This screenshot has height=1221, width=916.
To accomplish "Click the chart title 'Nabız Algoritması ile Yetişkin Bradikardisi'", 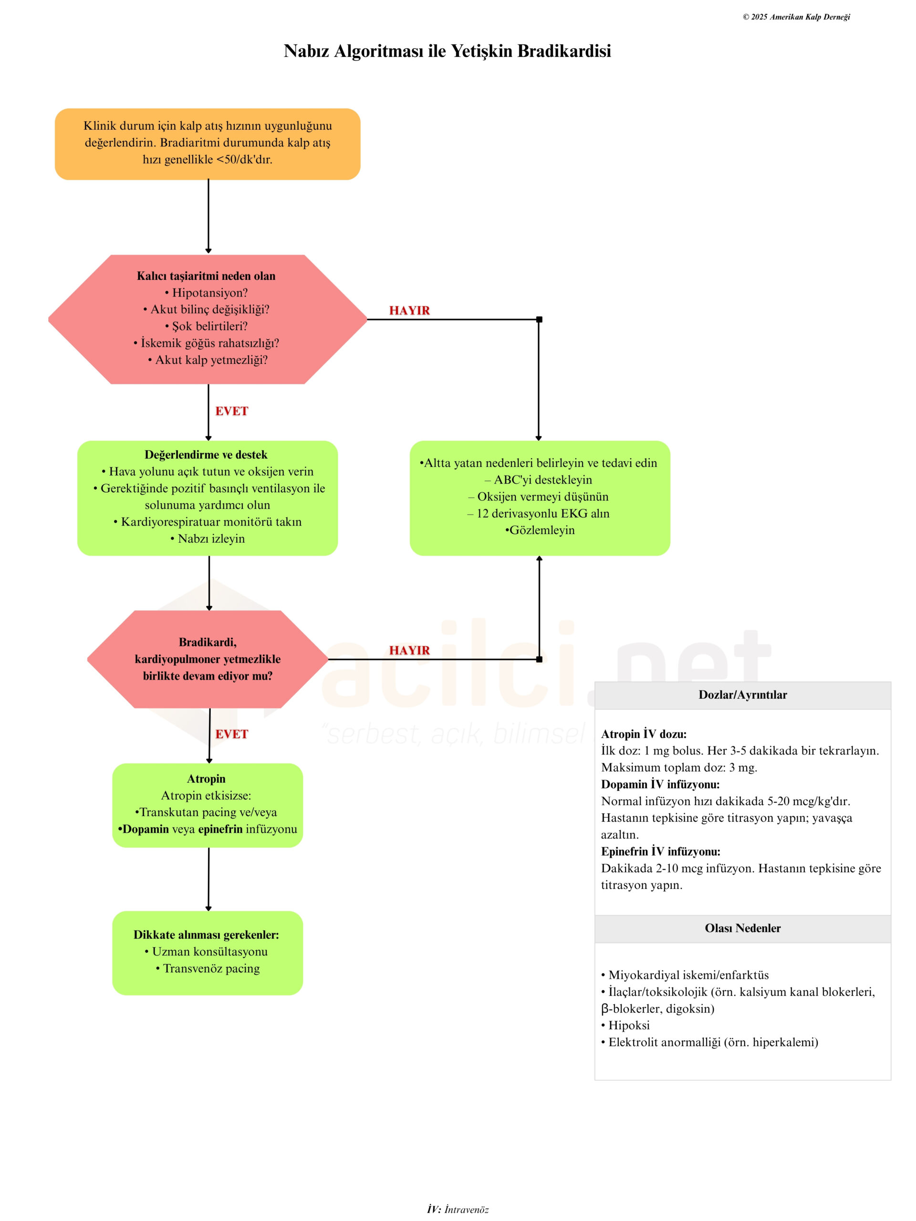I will tap(447, 51).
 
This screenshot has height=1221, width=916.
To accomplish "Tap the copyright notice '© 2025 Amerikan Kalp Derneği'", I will tap(796, 17).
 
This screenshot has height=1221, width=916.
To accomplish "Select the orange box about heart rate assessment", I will tap(208, 144).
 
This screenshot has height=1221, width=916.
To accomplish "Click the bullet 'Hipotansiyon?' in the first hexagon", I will tap(207, 292).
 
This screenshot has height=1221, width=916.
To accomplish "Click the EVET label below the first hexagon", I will tap(231, 411).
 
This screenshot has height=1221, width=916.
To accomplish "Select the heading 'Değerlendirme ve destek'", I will tap(206, 455).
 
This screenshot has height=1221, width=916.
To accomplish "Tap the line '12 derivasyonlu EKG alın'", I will tap(538, 513).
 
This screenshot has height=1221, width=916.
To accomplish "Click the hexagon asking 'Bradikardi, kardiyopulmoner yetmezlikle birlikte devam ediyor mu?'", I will tap(208, 659).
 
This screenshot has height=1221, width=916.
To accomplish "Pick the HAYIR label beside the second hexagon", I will tap(409, 650).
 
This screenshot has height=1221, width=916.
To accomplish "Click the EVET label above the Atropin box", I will tap(231, 734).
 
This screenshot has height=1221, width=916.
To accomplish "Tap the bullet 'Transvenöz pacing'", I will tap(208, 968).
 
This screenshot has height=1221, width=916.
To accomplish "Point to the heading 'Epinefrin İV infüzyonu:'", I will tap(660, 851).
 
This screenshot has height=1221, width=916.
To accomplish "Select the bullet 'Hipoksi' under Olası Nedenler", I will tap(625, 1025).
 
